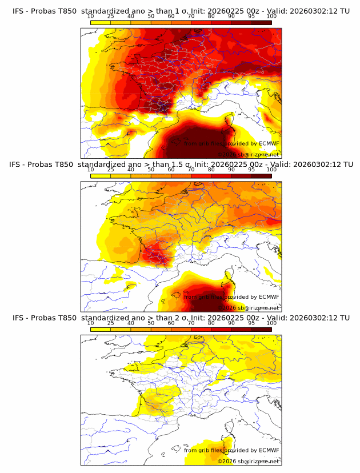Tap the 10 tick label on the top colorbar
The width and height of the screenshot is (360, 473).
91,17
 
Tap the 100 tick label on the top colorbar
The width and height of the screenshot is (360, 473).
271,17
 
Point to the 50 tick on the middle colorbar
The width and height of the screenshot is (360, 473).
151,170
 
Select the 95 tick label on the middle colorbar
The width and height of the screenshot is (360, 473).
251,170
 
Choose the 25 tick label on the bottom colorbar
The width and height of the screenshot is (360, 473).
111,323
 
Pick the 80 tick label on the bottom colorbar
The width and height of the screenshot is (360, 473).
211,323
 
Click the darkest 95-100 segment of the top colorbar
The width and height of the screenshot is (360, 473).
261,22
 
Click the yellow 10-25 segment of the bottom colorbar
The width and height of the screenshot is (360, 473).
101,329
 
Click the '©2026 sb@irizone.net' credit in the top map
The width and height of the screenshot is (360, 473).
248,155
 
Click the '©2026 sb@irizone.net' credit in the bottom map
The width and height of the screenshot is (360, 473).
248,461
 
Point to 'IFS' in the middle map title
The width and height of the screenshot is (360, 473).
18,164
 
